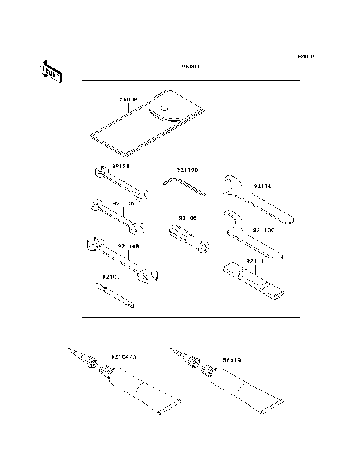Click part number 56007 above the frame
192,67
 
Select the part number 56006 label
129,99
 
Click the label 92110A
124,203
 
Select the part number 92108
187,218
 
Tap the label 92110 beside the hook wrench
263,186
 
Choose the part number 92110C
265,230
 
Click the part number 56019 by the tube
232,359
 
